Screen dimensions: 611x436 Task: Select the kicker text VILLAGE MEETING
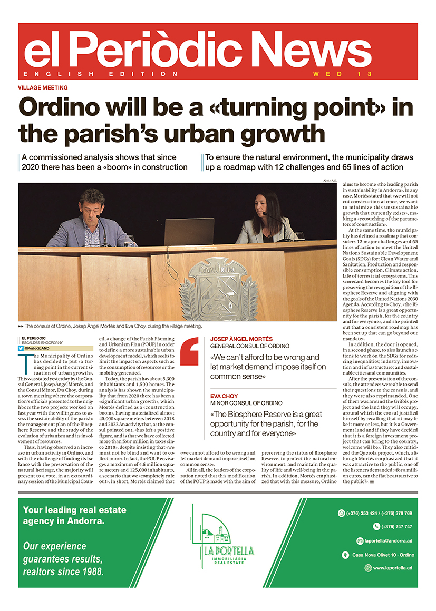coord(43,87)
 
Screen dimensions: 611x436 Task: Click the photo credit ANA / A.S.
coord(330,181)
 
